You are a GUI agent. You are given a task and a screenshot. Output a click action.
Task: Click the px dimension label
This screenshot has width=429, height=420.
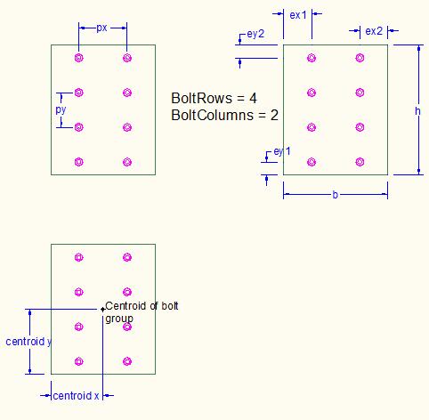click(101, 28)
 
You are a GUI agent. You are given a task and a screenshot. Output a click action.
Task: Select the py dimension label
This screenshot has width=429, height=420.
click(61, 109)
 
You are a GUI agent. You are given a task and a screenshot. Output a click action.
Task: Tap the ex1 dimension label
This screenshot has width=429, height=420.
click(298, 15)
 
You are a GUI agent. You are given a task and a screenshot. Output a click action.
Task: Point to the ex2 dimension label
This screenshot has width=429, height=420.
click(374, 31)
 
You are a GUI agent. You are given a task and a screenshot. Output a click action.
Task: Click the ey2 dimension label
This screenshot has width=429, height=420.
click(255, 34)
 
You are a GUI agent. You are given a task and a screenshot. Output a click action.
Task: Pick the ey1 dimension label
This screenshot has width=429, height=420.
click(282, 151)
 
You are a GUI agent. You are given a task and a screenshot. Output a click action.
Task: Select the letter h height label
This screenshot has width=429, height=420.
click(417, 111)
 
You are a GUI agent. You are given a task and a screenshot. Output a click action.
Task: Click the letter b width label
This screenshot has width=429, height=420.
click(336, 195)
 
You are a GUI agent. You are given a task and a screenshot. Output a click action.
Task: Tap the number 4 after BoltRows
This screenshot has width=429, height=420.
click(253, 98)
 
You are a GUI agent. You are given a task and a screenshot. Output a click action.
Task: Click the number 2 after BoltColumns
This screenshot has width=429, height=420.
click(274, 115)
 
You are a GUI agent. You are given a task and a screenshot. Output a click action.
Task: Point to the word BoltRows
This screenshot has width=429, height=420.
click(201, 98)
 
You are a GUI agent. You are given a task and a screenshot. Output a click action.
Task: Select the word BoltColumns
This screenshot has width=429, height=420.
click(212, 115)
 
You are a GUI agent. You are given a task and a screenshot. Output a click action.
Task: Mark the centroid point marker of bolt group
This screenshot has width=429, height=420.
click(102, 310)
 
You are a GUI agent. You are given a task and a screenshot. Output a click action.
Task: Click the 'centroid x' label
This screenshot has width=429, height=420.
click(76, 396)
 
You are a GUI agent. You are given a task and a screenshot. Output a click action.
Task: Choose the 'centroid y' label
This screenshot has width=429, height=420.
click(28, 342)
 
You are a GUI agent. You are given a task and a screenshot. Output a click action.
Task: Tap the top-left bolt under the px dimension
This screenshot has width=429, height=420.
click(79, 58)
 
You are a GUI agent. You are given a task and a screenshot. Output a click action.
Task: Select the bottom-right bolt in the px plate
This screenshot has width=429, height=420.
click(127, 162)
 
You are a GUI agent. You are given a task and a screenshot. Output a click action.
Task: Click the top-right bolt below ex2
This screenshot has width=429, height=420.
click(360, 58)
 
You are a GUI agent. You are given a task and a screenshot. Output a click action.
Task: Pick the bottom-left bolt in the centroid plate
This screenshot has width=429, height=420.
click(79, 361)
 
